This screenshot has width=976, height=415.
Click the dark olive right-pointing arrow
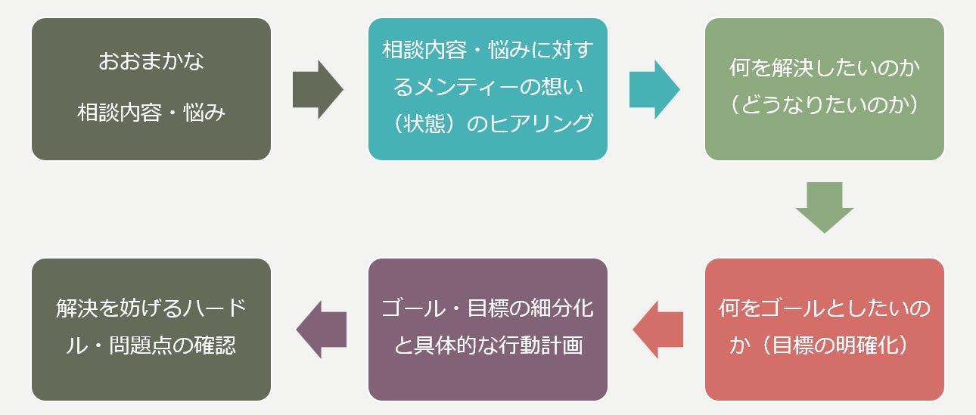(318, 90)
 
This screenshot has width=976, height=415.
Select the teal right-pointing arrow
(654, 90)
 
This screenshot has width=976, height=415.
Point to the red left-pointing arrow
(657, 330)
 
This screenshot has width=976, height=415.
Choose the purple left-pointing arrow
(321, 330)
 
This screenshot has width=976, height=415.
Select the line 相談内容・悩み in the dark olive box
(151, 113)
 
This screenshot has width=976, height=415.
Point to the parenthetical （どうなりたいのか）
(824, 105)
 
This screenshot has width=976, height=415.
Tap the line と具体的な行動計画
(488, 346)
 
